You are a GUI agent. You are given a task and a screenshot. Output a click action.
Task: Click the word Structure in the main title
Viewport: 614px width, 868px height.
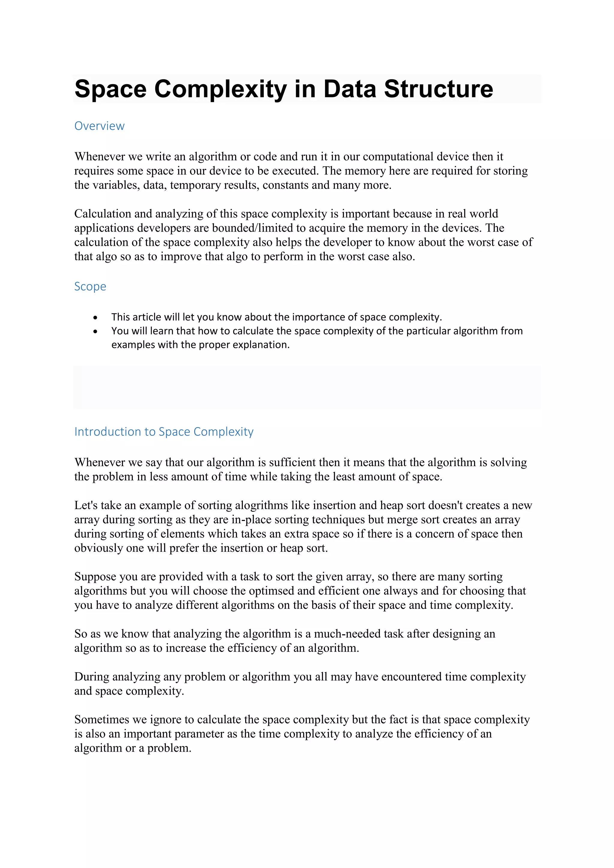pyautogui.click(x=438, y=89)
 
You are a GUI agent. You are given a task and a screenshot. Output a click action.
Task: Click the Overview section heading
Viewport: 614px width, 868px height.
pyautogui.click(x=99, y=126)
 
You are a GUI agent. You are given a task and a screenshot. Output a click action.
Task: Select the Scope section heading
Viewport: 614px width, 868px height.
pyautogui.click(x=90, y=286)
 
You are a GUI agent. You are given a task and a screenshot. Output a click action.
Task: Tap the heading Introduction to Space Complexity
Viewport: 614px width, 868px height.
pyautogui.click(x=164, y=431)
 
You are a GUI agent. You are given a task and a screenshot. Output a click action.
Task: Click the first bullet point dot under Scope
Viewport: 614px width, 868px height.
pyautogui.click(x=95, y=318)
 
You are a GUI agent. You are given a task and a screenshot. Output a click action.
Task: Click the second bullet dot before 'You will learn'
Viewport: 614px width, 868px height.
pyautogui.click(x=95, y=331)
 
